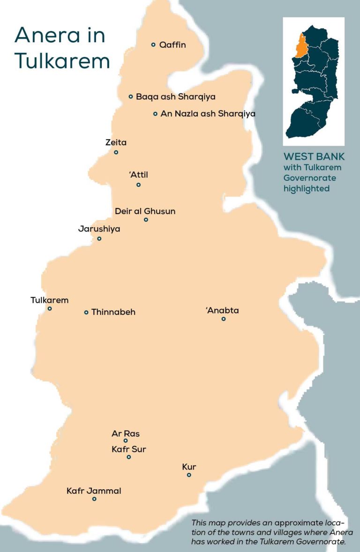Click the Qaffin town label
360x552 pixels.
point(172,45)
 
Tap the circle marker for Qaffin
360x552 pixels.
point(153,45)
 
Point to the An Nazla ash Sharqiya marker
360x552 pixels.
point(155,113)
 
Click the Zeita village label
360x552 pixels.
point(116,142)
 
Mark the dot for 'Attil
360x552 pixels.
point(138,185)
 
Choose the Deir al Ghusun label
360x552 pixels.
point(145,211)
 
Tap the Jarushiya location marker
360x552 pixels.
point(99,239)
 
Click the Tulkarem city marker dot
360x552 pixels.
point(50,308)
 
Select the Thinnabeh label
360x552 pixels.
point(113,312)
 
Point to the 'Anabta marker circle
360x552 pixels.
point(224,319)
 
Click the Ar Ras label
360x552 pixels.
point(126,434)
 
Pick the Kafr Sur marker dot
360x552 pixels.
point(129,457)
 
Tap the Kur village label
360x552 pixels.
point(189,467)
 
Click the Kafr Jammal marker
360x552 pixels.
point(94,499)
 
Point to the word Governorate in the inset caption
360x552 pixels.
point(309,178)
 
